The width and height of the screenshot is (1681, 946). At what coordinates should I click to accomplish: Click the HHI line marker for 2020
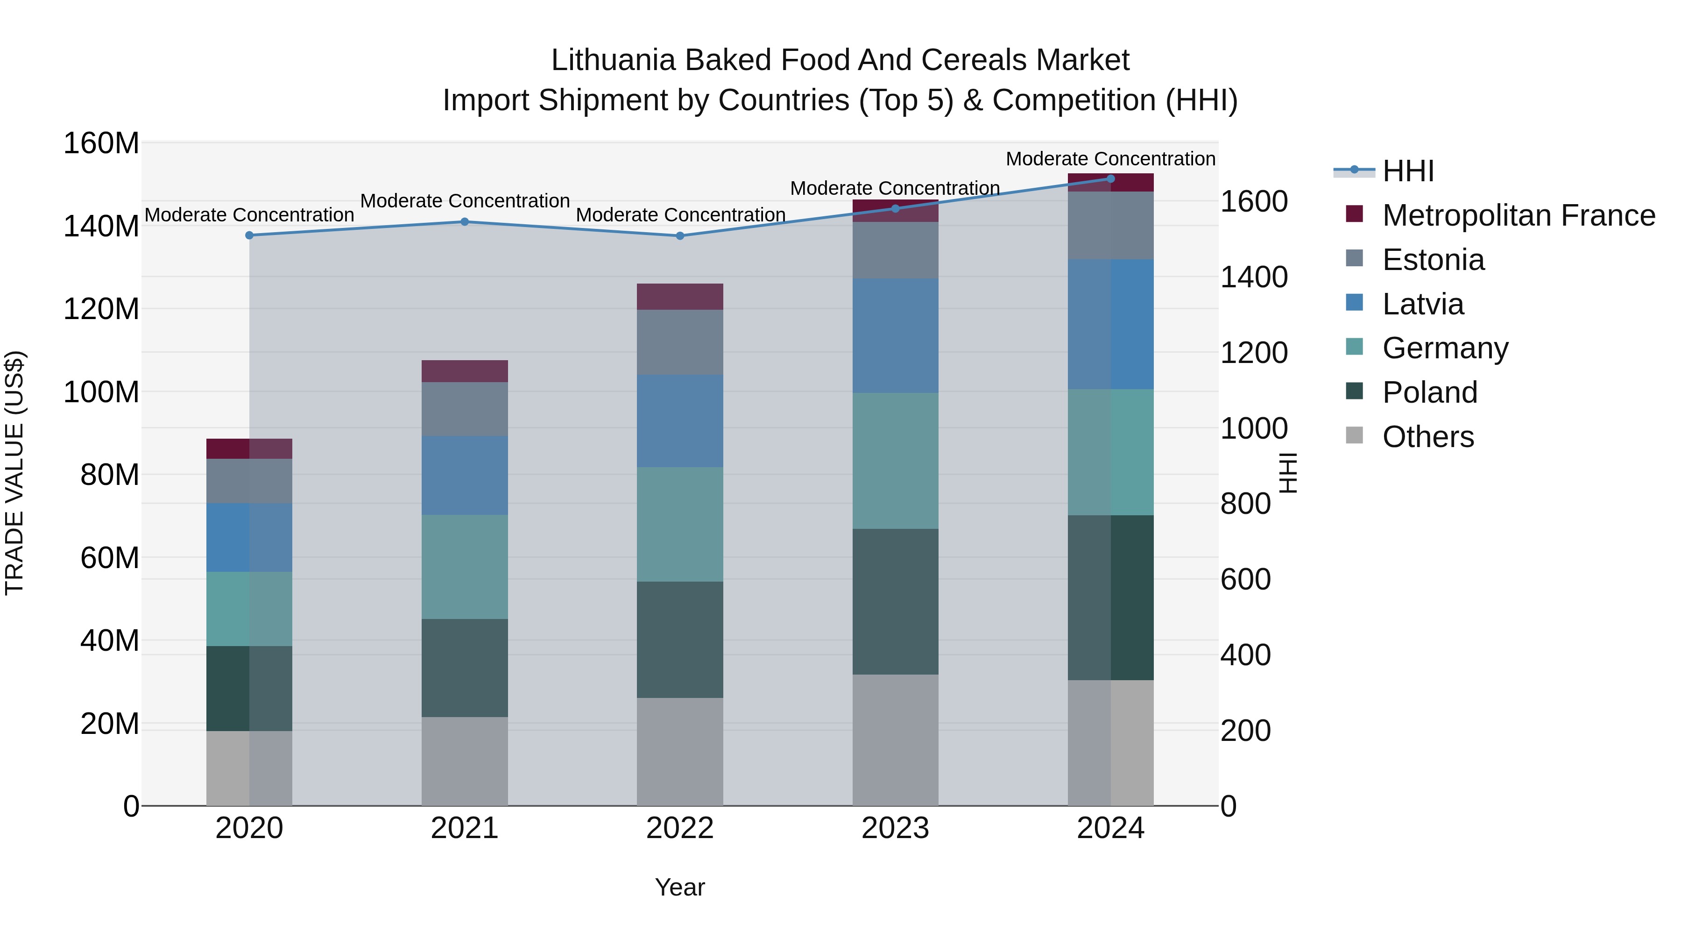[249, 235]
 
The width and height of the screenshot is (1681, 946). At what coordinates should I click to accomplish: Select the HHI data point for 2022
[680, 236]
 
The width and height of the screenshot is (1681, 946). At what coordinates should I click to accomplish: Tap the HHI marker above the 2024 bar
[1111, 178]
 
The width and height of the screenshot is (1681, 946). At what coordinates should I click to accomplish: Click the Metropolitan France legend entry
[1518, 215]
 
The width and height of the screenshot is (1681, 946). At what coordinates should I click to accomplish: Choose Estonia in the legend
[1433, 260]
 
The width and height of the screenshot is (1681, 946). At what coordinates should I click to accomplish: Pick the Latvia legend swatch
[1355, 303]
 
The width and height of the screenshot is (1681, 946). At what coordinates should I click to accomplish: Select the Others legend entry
[1428, 437]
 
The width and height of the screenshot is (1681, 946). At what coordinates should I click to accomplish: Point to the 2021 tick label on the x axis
[465, 828]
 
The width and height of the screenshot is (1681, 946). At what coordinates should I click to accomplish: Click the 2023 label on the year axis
[895, 828]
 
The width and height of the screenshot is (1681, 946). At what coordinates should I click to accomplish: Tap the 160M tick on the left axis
[101, 143]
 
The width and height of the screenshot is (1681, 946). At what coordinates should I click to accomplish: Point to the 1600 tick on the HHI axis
[1254, 202]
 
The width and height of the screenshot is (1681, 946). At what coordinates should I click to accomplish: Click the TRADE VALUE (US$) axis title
[14, 473]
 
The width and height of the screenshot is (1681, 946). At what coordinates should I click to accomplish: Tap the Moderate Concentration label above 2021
[465, 201]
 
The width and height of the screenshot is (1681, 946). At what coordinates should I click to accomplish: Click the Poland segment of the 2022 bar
[680, 640]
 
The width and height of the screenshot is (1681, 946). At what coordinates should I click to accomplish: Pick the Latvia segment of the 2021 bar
[465, 475]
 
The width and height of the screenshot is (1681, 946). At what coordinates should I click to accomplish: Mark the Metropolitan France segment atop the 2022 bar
[680, 296]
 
